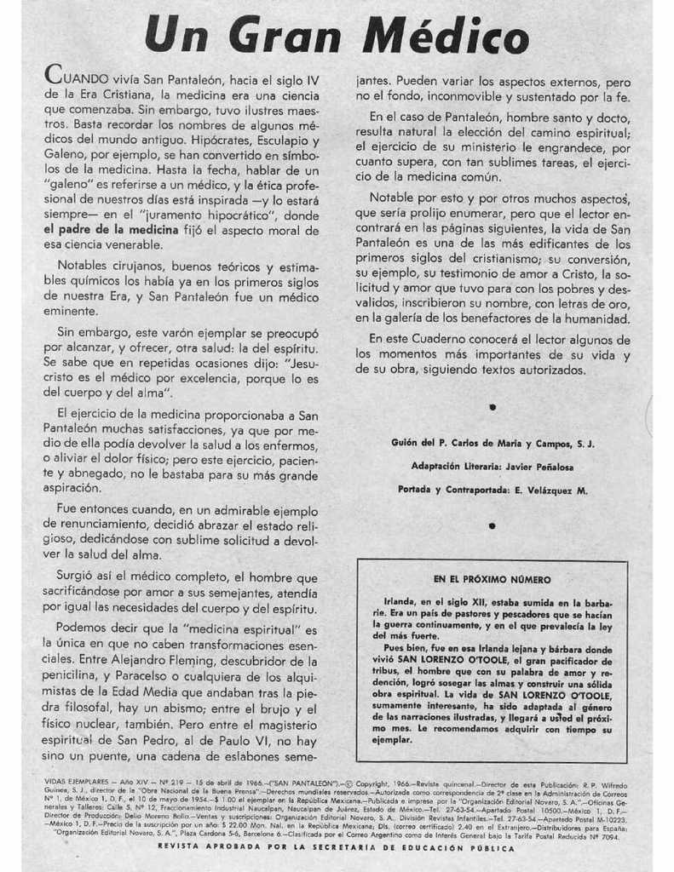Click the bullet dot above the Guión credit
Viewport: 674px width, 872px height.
[x=493, y=408]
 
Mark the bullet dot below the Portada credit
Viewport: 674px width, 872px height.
[x=492, y=526]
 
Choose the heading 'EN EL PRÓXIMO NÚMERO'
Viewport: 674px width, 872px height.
[x=492, y=579]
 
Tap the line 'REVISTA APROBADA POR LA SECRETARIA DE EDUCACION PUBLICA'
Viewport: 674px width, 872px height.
[x=337, y=848]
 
